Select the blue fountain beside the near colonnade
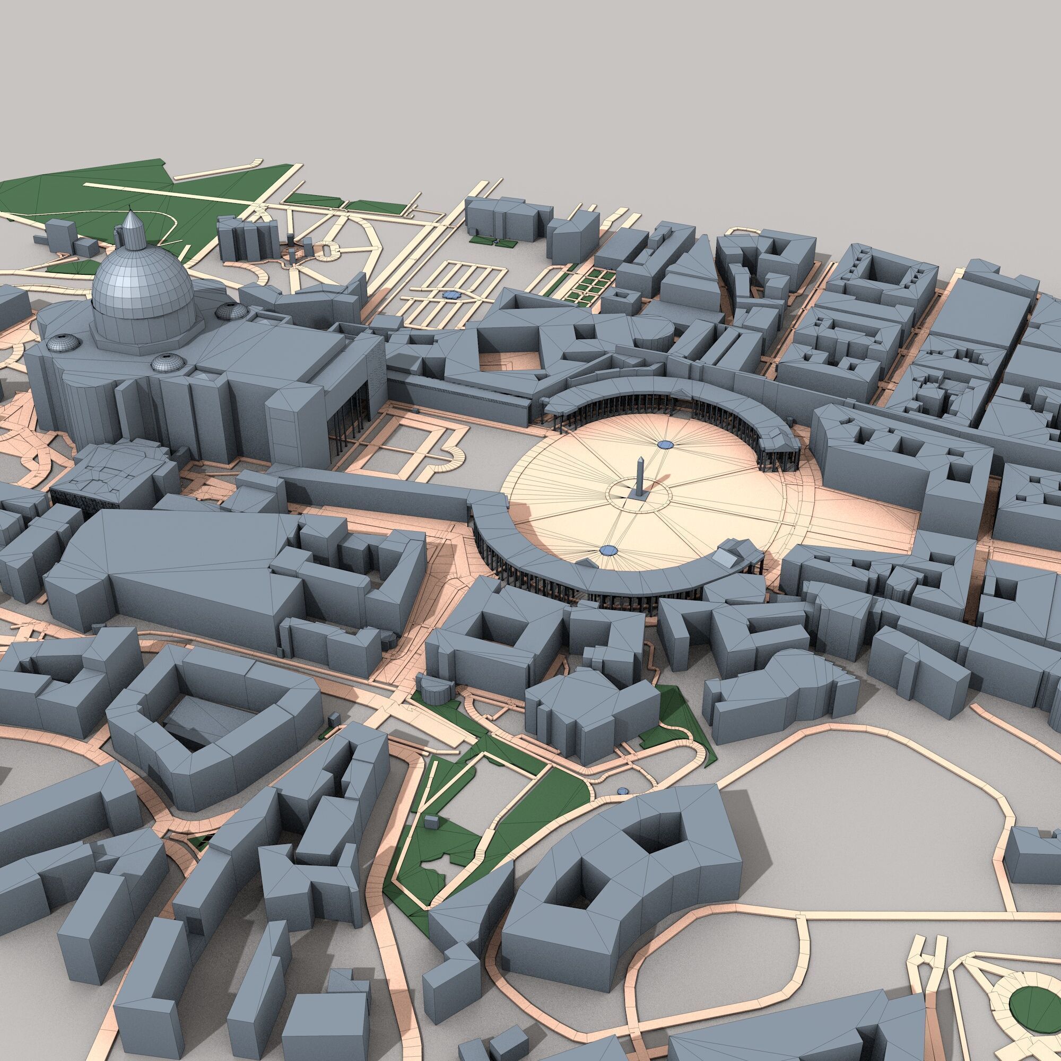pos(607,550)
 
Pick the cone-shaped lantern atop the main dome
pos(130,229)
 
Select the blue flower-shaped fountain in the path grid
pos(450,295)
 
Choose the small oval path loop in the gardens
pos(327,252)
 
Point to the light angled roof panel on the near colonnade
pos(728,558)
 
